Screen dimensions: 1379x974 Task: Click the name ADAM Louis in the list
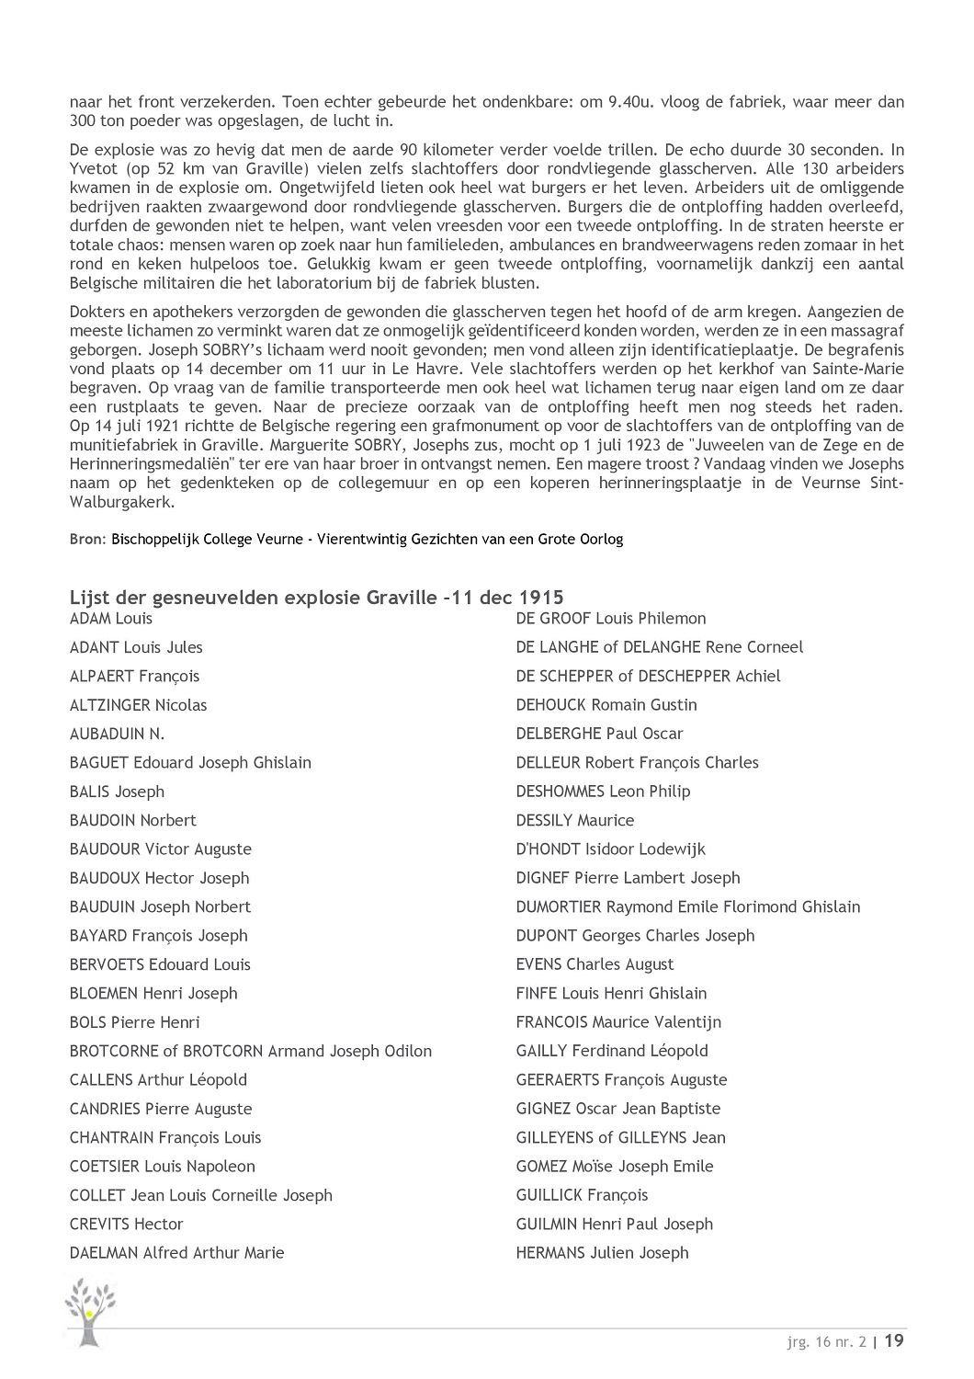pyautogui.click(x=111, y=619)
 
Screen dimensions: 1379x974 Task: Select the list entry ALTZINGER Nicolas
pyautogui.click(x=138, y=705)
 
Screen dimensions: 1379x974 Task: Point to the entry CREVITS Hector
pyautogui.click(x=126, y=1225)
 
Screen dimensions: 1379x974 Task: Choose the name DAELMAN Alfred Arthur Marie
pyautogui.click(x=176, y=1253)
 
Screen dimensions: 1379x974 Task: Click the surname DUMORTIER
pyautogui.click(x=559, y=907)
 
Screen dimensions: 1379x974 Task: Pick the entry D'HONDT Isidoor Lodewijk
pyautogui.click(x=610, y=849)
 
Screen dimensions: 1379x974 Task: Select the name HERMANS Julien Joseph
pyautogui.click(x=602, y=1253)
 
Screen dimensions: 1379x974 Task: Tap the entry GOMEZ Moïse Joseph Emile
pyautogui.click(x=614, y=1167)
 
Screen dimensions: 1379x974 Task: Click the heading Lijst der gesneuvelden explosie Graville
pyautogui.click(x=317, y=597)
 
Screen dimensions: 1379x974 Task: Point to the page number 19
pyautogui.click(x=894, y=1340)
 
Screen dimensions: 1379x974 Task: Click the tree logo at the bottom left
pyautogui.click(x=90, y=1310)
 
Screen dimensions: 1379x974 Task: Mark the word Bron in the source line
pyautogui.click(x=87, y=540)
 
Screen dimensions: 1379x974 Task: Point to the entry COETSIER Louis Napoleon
pyautogui.click(x=162, y=1167)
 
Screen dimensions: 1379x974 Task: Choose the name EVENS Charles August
pyautogui.click(x=595, y=964)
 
